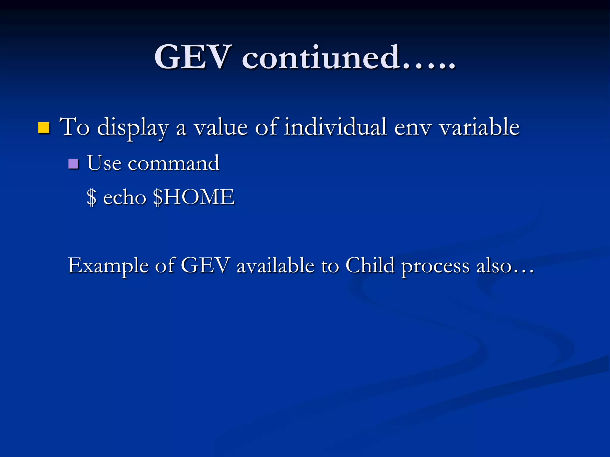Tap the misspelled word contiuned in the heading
(x=321, y=57)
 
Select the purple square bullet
(x=73, y=164)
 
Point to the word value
(x=221, y=127)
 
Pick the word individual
(x=335, y=127)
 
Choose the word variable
(x=480, y=127)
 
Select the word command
(x=174, y=163)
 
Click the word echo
(x=125, y=197)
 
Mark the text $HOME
(x=194, y=197)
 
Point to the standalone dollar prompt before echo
(x=92, y=197)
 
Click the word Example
(x=108, y=266)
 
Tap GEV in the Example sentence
(x=205, y=265)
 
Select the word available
(x=276, y=265)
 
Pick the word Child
(x=370, y=265)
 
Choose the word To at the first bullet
(x=74, y=127)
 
